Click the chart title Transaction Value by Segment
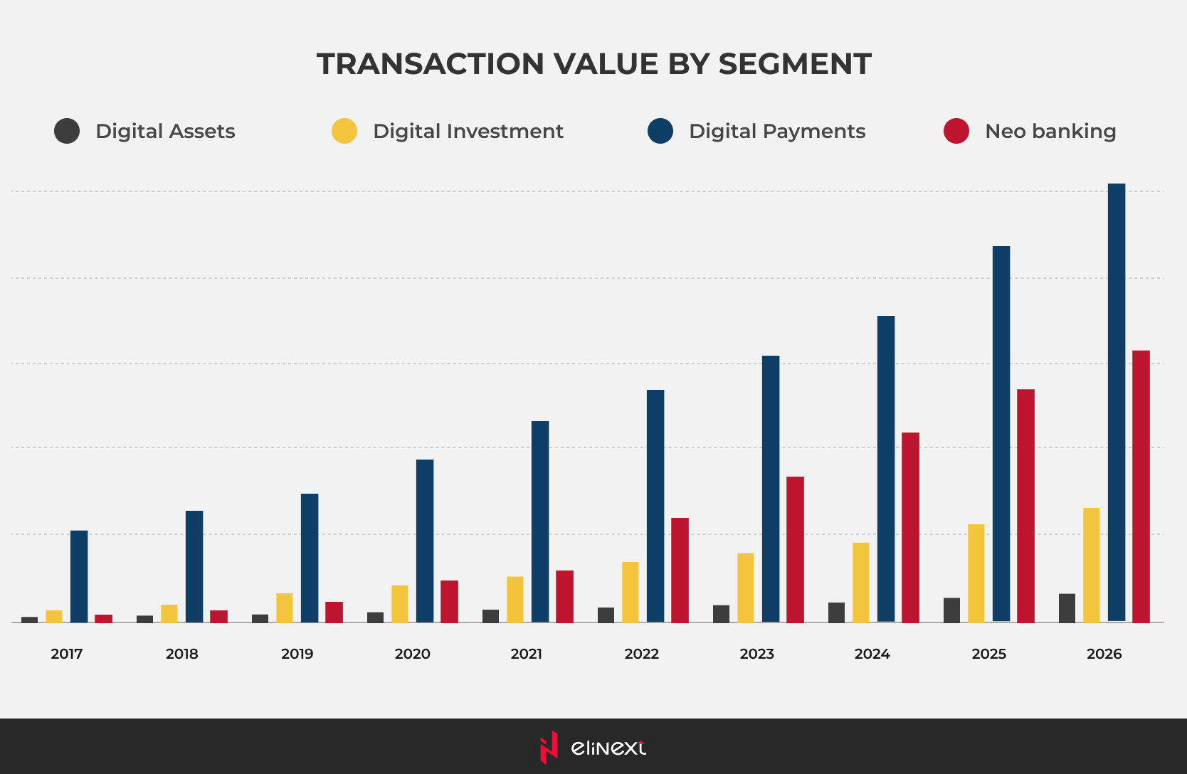coord(593,64)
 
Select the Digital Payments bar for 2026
coord(1117,402)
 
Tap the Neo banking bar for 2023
coord(795,549)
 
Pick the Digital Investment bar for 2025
coord(976,573)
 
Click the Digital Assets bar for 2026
coord(1067,608)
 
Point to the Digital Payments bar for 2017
coord(79,576)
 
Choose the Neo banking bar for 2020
coord(449,601)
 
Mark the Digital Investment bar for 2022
coord(630,592)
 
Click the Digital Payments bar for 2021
coord(540,521)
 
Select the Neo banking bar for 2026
coord(1141,486)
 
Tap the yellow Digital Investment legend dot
coord(344,131)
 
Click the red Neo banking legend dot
coord(956,131)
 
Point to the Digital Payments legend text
coord(776,131)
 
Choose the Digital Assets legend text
coord(165,131)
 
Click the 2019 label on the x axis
coord(297,654)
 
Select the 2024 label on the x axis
coord(872,654)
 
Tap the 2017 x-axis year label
coord(66,654)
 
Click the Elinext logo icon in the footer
coord(549,747)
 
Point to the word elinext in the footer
coord(608,748)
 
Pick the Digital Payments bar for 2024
coord(886,469)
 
